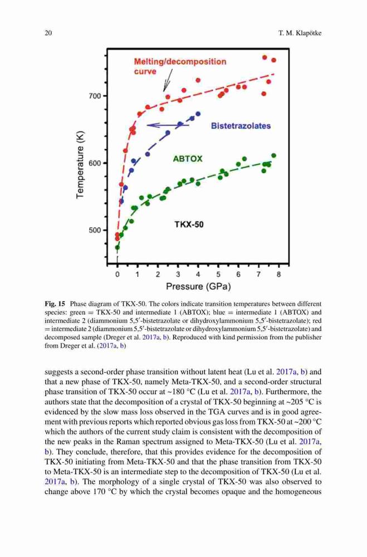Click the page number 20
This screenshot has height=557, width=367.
click(x=48, y=33)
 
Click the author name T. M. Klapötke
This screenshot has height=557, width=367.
click(x=300, y=33)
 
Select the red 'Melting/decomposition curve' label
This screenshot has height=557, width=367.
click(x=180, y=66)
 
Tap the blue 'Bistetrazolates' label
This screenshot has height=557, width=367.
click(x=241, y=126)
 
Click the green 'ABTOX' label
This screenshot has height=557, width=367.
click(x=188, y=159)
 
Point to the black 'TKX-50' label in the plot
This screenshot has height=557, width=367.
click(x=189, y=224)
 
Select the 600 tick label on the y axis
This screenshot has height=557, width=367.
click(x=95, y=163)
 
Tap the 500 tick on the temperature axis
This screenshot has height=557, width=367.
click(x=95, y=230)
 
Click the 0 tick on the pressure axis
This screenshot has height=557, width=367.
click(x=118, y=274)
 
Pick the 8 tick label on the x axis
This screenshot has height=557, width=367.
click(x=278, y=274)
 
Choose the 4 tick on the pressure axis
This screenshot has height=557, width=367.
click(x=198, y=274)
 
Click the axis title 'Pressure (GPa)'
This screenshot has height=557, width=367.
click(x=198, y=286)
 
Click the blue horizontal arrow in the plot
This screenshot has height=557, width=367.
click(x=168, y=125)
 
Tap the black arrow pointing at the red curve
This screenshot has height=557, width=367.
click(x=168, y=80)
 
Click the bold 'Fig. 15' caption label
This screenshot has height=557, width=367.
click(x=55, y=304)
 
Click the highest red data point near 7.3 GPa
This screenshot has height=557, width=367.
click(x=265, y=57)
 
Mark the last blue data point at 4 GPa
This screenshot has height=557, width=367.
click(x=198, y=114)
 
